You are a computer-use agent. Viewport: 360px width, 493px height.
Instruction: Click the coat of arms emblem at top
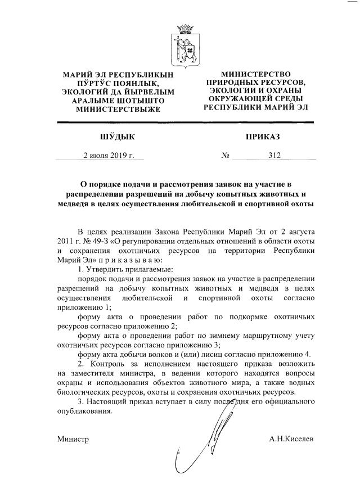(186, 43)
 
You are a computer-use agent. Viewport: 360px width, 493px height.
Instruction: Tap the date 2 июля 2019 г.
(108, 156)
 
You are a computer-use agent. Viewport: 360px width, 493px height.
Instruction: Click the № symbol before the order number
(225, 156)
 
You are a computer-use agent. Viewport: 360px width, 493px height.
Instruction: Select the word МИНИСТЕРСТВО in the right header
(256, 74)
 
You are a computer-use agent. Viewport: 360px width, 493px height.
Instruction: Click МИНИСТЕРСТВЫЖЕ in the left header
(118, 109)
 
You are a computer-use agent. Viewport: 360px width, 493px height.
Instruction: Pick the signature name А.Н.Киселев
(292, 438)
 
